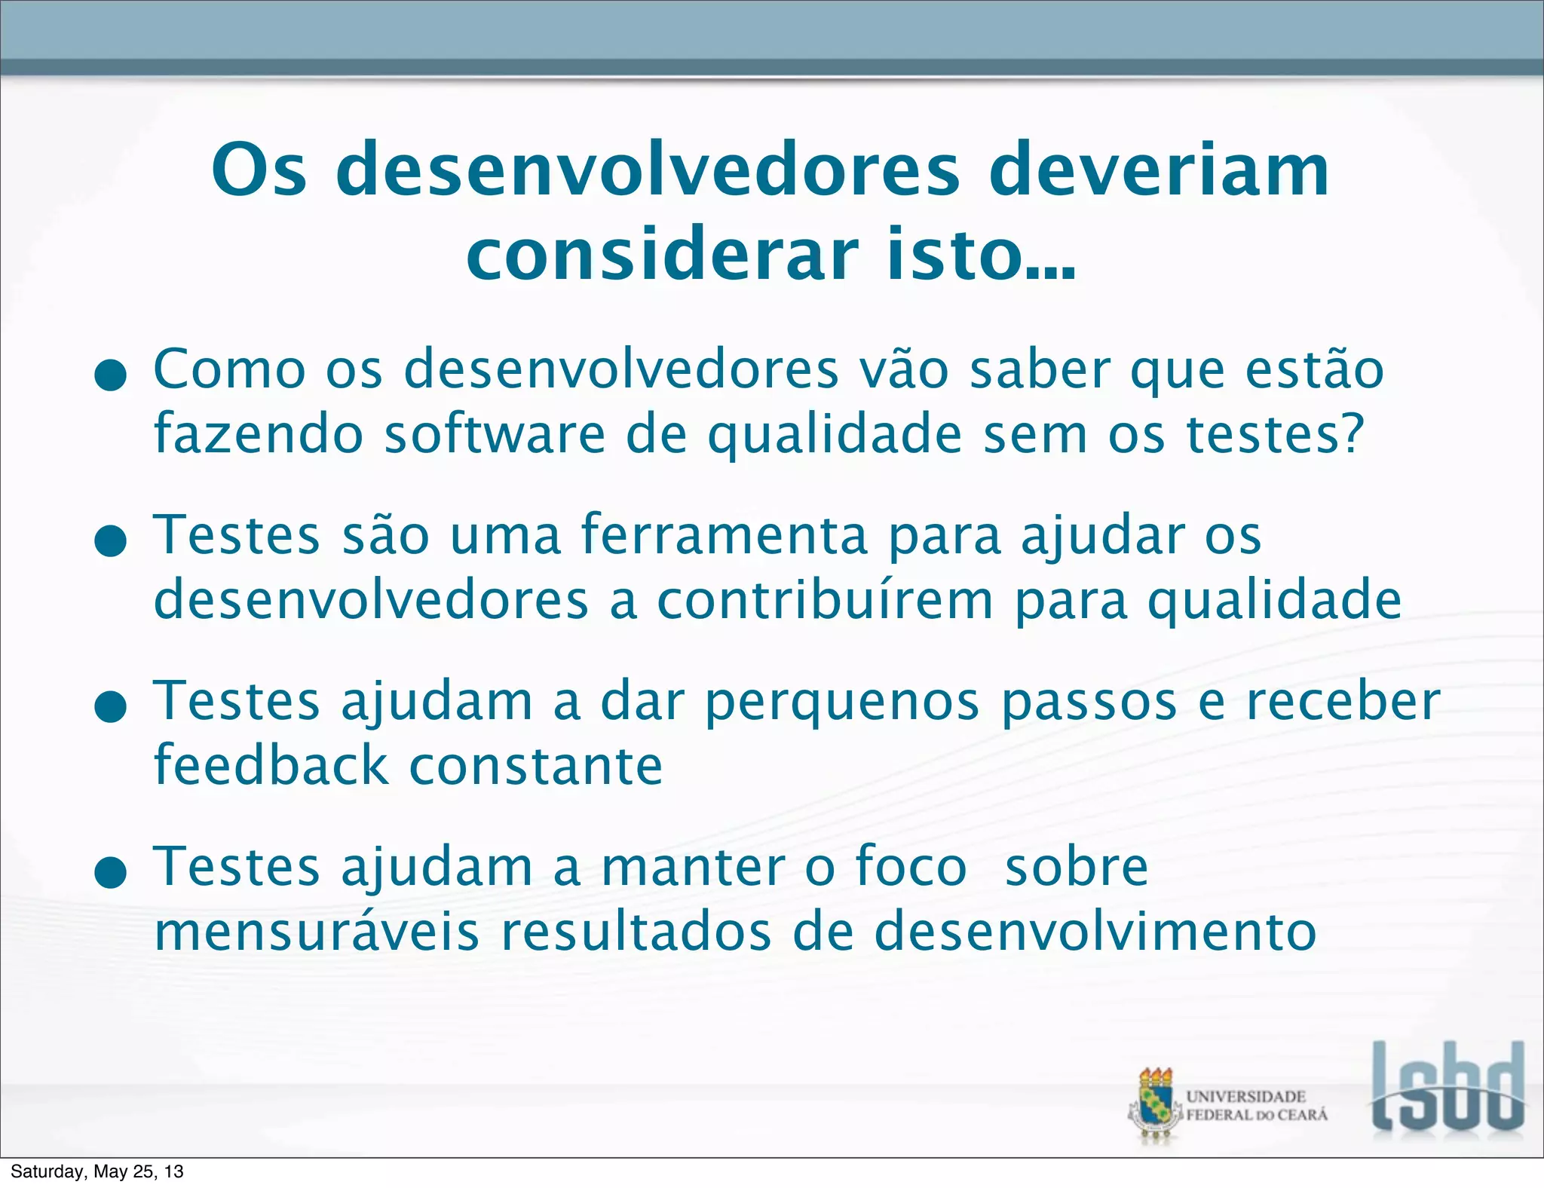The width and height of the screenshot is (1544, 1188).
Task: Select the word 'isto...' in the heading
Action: pyautogui.click(x=980, y=255)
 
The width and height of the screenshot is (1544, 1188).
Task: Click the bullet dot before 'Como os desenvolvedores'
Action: pyautogui.click(x=111, y=375)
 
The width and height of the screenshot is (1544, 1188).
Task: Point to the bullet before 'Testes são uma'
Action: pyautogui.click(x=111, y=540)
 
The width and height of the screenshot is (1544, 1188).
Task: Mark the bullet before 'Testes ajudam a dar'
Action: pyautogui.click(x=111, y=706)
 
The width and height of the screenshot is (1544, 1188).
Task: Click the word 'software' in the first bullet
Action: pyautogui.click(x=495, y=435)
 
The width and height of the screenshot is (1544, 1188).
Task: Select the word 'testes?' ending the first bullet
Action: pyautogui.click(x=1275, y=435)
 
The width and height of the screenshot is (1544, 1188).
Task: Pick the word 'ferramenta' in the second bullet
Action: pyautogui.click(x=724, y=535)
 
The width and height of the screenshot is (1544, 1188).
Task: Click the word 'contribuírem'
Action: pyautogui.click(x=825, y=601)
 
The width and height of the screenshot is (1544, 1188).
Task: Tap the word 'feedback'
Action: pyautogui.click(x=271, y=765)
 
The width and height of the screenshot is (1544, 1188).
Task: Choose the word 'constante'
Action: pyautogui.click(x=535, y=767)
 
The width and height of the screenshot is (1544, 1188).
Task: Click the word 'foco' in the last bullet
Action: pyautogui.click(x=911, y=867)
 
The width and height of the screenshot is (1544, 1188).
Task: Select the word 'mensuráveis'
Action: pyautogui.click(x=317, y=932)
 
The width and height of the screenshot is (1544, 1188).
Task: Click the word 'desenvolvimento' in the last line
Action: pyautogui.click(x=1095, y=932)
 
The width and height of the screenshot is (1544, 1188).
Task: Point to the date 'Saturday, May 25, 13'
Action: pyautogui.click(x=97, y=1171)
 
